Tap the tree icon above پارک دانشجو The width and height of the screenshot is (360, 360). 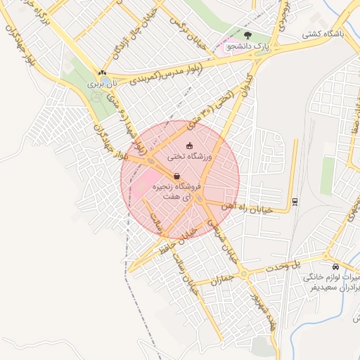click(247, 34)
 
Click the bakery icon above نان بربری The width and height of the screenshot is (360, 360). click(103, 72)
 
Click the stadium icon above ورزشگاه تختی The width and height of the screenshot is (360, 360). click(178, 146)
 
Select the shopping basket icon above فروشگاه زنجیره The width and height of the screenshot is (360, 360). click(176, 175)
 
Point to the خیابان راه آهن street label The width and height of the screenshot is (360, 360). click(254, 207)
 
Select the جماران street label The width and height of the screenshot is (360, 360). click(215, 279)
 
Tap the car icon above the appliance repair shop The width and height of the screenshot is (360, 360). click(335, 267)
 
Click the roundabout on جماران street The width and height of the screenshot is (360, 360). click(243, 274)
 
